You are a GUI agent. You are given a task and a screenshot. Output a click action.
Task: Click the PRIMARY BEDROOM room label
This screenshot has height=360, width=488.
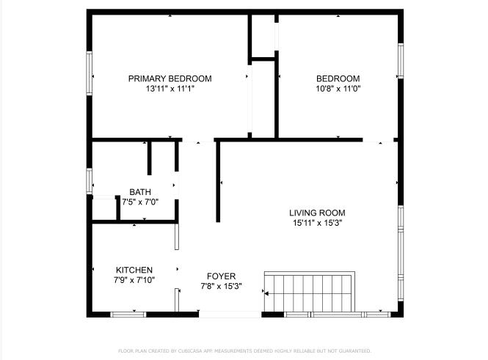click(170, 78)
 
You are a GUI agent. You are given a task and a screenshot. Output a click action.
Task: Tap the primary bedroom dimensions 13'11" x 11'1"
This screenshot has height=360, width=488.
click(170, 89)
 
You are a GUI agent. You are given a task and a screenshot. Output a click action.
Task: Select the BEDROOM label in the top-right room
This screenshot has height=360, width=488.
click(338, 78)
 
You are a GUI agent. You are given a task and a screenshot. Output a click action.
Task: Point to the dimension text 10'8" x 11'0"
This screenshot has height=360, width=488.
click(338, 89)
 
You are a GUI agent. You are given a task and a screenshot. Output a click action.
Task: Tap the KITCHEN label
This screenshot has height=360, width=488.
click(134, 270)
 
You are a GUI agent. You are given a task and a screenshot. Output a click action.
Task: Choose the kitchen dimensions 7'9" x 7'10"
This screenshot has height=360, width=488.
click(134, 279)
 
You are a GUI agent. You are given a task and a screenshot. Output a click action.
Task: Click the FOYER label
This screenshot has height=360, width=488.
click(221, 276)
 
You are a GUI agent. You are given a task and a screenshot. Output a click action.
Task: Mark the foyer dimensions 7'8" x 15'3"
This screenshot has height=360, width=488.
click(221, 286)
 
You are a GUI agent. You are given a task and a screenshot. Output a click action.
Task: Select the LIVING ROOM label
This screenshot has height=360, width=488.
click(317, 213)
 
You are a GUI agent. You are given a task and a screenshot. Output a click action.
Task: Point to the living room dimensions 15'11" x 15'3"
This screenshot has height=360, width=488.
click(317, 222)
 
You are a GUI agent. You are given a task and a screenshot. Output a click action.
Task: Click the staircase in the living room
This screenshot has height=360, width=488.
click(310, 291)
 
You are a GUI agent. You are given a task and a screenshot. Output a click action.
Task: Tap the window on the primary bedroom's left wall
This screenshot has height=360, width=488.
click(89, 73)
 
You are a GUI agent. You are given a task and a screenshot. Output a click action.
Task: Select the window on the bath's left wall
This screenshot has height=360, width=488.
click(89, 181)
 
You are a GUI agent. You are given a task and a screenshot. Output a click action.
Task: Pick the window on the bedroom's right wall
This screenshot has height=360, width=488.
click(401, 61)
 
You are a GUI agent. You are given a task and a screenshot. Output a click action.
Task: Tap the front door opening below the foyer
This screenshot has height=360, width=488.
click(230, 315)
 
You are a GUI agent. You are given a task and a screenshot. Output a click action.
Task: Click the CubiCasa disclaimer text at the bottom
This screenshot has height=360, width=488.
click(244, 350)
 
